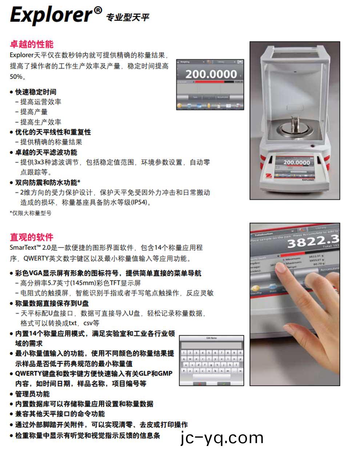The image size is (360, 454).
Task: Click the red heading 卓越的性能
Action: pos(32,44)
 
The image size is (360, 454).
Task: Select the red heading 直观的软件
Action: pos(32,237)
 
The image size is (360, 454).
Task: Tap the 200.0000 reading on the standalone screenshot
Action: pos(211,74)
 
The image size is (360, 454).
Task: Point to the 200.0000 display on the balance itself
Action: pos(296,162)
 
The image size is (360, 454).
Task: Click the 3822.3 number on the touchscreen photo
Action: pos(313,240)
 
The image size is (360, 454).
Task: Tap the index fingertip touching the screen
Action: pos(279,268)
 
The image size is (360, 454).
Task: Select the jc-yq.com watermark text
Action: pos(222,438)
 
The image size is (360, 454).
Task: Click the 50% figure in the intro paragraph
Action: pos(16,77)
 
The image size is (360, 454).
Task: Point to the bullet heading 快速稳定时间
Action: pos(36,92)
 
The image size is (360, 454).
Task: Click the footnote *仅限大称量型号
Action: pos(31,213)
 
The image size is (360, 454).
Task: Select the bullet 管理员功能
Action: pos(32,394)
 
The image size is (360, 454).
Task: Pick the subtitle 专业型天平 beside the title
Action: pos(127,17)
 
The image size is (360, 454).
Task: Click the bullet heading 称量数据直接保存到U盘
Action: pos(52,303)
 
